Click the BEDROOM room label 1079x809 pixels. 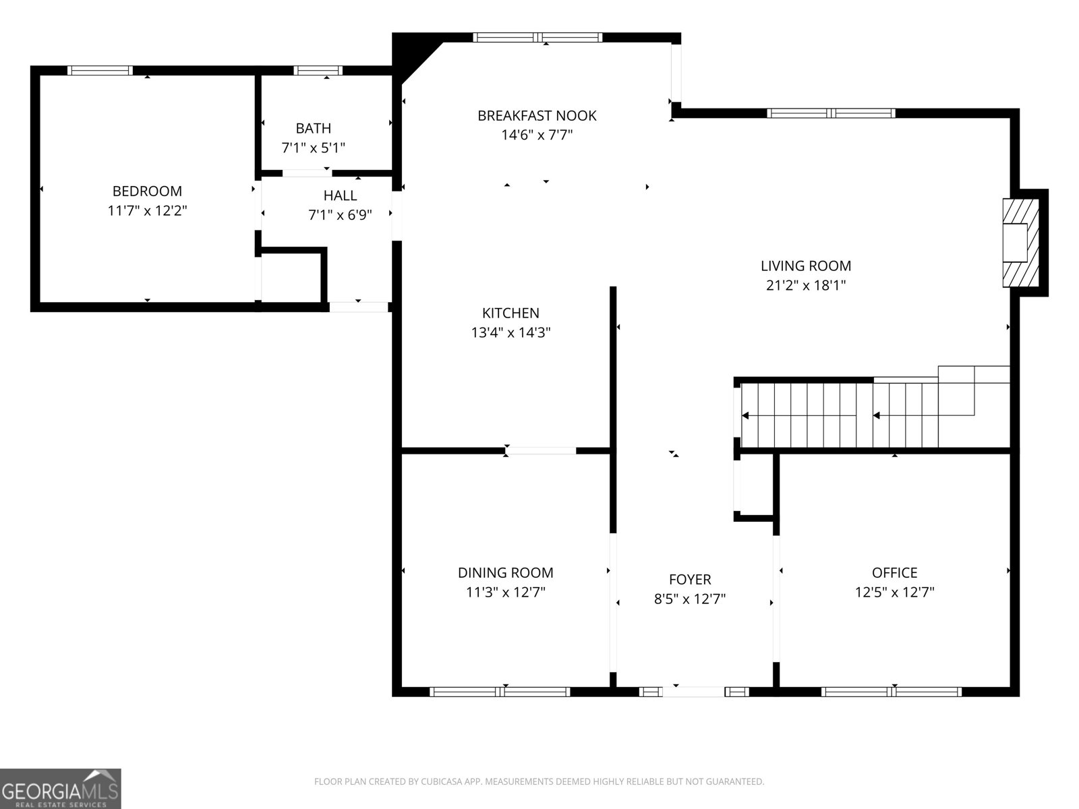click(x=147, y=191)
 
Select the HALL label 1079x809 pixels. click(x=340, y=196)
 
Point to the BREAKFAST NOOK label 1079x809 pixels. click(x=537, y=116)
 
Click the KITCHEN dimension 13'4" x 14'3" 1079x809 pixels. click(x=511, y=332)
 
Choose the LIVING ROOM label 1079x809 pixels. click(x=806, y=266)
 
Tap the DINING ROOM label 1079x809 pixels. click(x=505, y=573)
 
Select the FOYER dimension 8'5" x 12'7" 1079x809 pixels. click(x=689, y=599)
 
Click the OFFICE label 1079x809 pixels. click(x=894, y=573)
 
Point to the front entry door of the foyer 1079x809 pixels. click(x=694, y=691)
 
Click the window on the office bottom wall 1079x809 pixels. click(x=891, y=691)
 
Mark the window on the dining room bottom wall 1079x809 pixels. click(x=500, y=691)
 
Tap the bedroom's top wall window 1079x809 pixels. click(x=100, y=70)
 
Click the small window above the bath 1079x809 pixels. click(x=318, y=70)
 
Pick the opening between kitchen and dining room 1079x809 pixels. click(x=541, y=450)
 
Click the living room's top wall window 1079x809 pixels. click(x=832, y=113)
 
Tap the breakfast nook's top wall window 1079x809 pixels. click(x=537, y=38)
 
